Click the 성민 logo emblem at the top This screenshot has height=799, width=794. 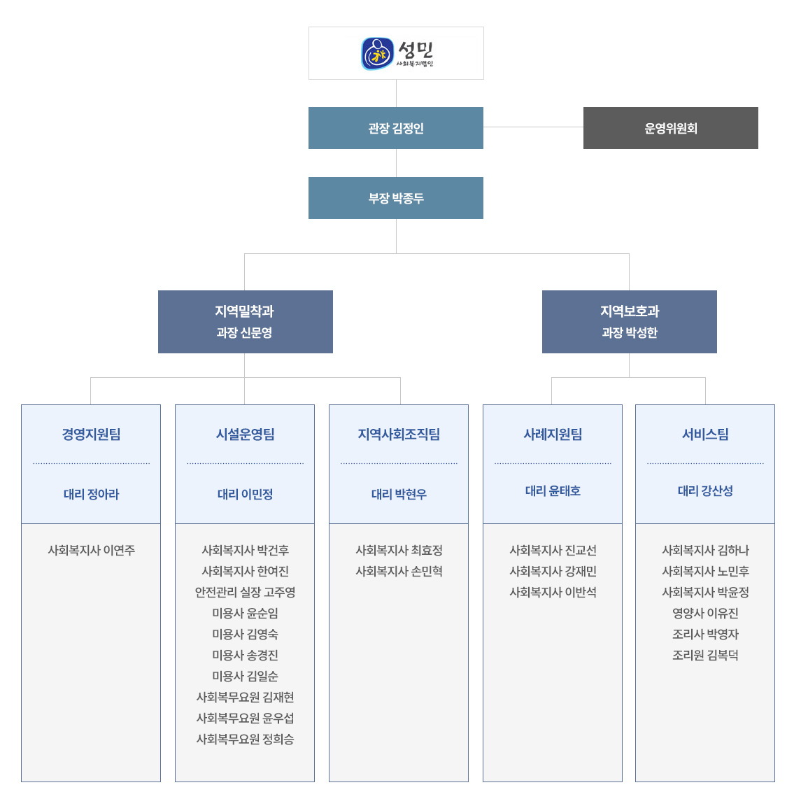tap(378, 53)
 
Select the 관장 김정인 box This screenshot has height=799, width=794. tap(396, 128)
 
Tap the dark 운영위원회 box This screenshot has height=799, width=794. tap(671, 128)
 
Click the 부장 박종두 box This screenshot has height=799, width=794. tap(396, 198)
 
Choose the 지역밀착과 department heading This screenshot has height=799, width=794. tap(245, 311)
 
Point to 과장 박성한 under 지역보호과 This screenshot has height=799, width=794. tap(630, 333)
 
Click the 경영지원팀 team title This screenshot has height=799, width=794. tap(91, 434)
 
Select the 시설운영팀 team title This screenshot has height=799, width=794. tap(245, 434)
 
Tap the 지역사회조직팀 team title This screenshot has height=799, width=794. tap(399, 434)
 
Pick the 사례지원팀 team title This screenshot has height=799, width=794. tap(553, 434)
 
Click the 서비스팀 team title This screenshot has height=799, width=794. tap(705, 434)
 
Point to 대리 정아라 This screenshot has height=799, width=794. tap(91, 494)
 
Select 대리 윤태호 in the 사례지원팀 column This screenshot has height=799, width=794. tap(553, 490)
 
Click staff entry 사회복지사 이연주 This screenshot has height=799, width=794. tap(91, 551)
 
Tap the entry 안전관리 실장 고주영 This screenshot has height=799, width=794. tap(245, 592)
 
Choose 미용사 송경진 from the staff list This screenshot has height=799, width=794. tap(245, 655)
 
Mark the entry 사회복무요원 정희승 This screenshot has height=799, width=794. tap(245, 739)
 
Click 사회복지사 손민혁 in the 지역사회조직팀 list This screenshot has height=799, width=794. tap(399, 571)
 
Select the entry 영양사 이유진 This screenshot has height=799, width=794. tap(705, 613)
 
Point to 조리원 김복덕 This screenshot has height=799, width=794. tap(705, 655)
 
